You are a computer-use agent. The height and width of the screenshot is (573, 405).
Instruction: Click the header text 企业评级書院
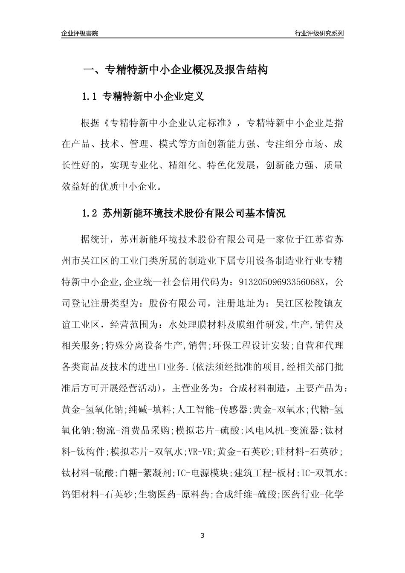point(80,33)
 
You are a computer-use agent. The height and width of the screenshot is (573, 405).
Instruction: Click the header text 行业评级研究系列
point(319,33)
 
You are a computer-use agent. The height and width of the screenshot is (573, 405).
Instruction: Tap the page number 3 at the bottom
point(202,535)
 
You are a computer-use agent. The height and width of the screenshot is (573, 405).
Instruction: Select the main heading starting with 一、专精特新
point(175,70)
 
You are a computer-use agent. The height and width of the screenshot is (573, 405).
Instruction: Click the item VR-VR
point(200,451)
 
